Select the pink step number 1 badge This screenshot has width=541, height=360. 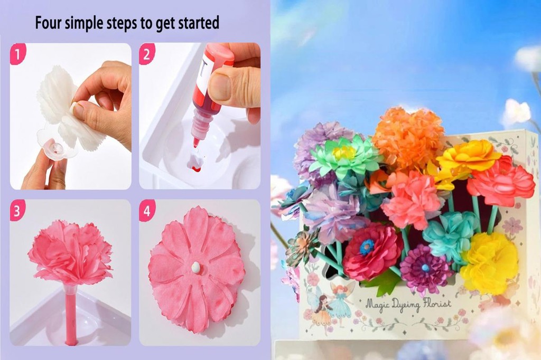tap(17, 54)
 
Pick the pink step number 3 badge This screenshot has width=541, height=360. tap(17, 211)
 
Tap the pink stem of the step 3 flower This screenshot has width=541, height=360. tap(70, 317)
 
